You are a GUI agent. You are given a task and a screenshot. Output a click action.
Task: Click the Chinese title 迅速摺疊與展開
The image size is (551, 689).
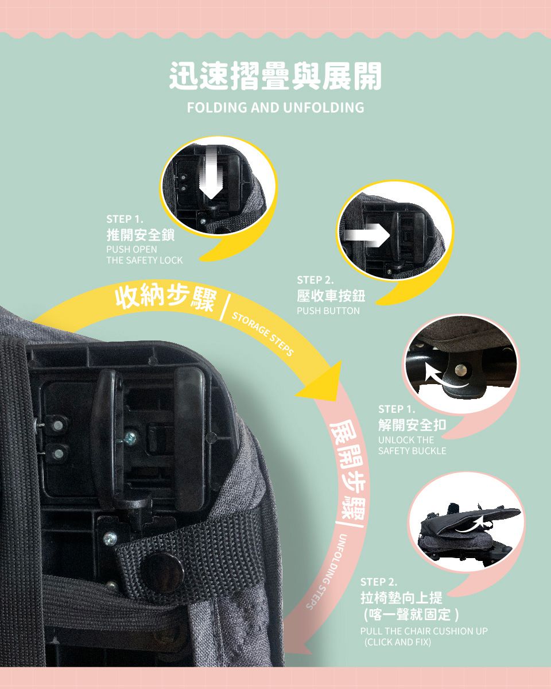point(275,76)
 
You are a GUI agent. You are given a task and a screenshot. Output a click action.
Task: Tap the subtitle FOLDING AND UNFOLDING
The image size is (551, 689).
point(275,107)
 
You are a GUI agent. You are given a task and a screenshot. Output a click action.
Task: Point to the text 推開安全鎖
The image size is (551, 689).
point(141,235)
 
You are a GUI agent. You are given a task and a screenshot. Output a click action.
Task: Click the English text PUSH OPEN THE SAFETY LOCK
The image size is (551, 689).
point(144,255)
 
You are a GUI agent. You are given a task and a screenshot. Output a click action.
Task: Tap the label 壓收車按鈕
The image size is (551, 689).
point(331,296)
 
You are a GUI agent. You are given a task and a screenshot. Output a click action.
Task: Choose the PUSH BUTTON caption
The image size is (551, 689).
point(328,311)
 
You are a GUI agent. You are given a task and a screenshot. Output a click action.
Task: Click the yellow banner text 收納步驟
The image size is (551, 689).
point(165,297)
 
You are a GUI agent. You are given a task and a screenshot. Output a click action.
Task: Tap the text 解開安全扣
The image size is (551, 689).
point(412,425)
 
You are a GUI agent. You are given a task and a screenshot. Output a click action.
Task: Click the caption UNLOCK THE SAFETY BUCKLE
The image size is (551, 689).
point(412,446)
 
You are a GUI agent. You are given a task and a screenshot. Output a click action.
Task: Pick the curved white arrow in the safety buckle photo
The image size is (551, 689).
point(447,379)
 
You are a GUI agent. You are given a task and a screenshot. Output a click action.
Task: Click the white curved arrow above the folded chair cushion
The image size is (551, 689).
point(474,522)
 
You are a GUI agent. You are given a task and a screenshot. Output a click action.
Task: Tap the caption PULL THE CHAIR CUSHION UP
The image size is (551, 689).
point(424,631)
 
